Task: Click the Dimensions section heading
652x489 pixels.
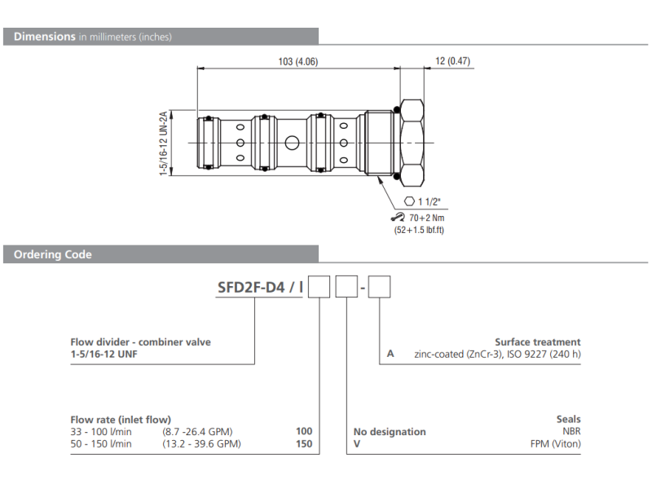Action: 45,37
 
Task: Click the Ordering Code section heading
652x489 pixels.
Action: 53,255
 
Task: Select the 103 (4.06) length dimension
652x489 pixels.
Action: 297,62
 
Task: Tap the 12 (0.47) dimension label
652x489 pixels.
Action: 453,62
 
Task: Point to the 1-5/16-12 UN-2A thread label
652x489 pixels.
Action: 163,143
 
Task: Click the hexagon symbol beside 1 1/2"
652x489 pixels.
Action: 410,201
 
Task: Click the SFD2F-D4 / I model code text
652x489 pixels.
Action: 260,287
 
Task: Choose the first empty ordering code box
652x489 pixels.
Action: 319,287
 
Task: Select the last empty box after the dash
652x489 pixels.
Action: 381,287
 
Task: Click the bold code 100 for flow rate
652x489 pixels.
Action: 304,432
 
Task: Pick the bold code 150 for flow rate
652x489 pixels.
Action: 304,444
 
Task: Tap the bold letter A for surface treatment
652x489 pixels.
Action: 390,354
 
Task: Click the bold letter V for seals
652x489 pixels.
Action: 356,444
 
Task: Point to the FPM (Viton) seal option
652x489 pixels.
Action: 555,444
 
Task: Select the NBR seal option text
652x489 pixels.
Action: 570,432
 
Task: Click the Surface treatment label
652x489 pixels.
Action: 538,342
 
